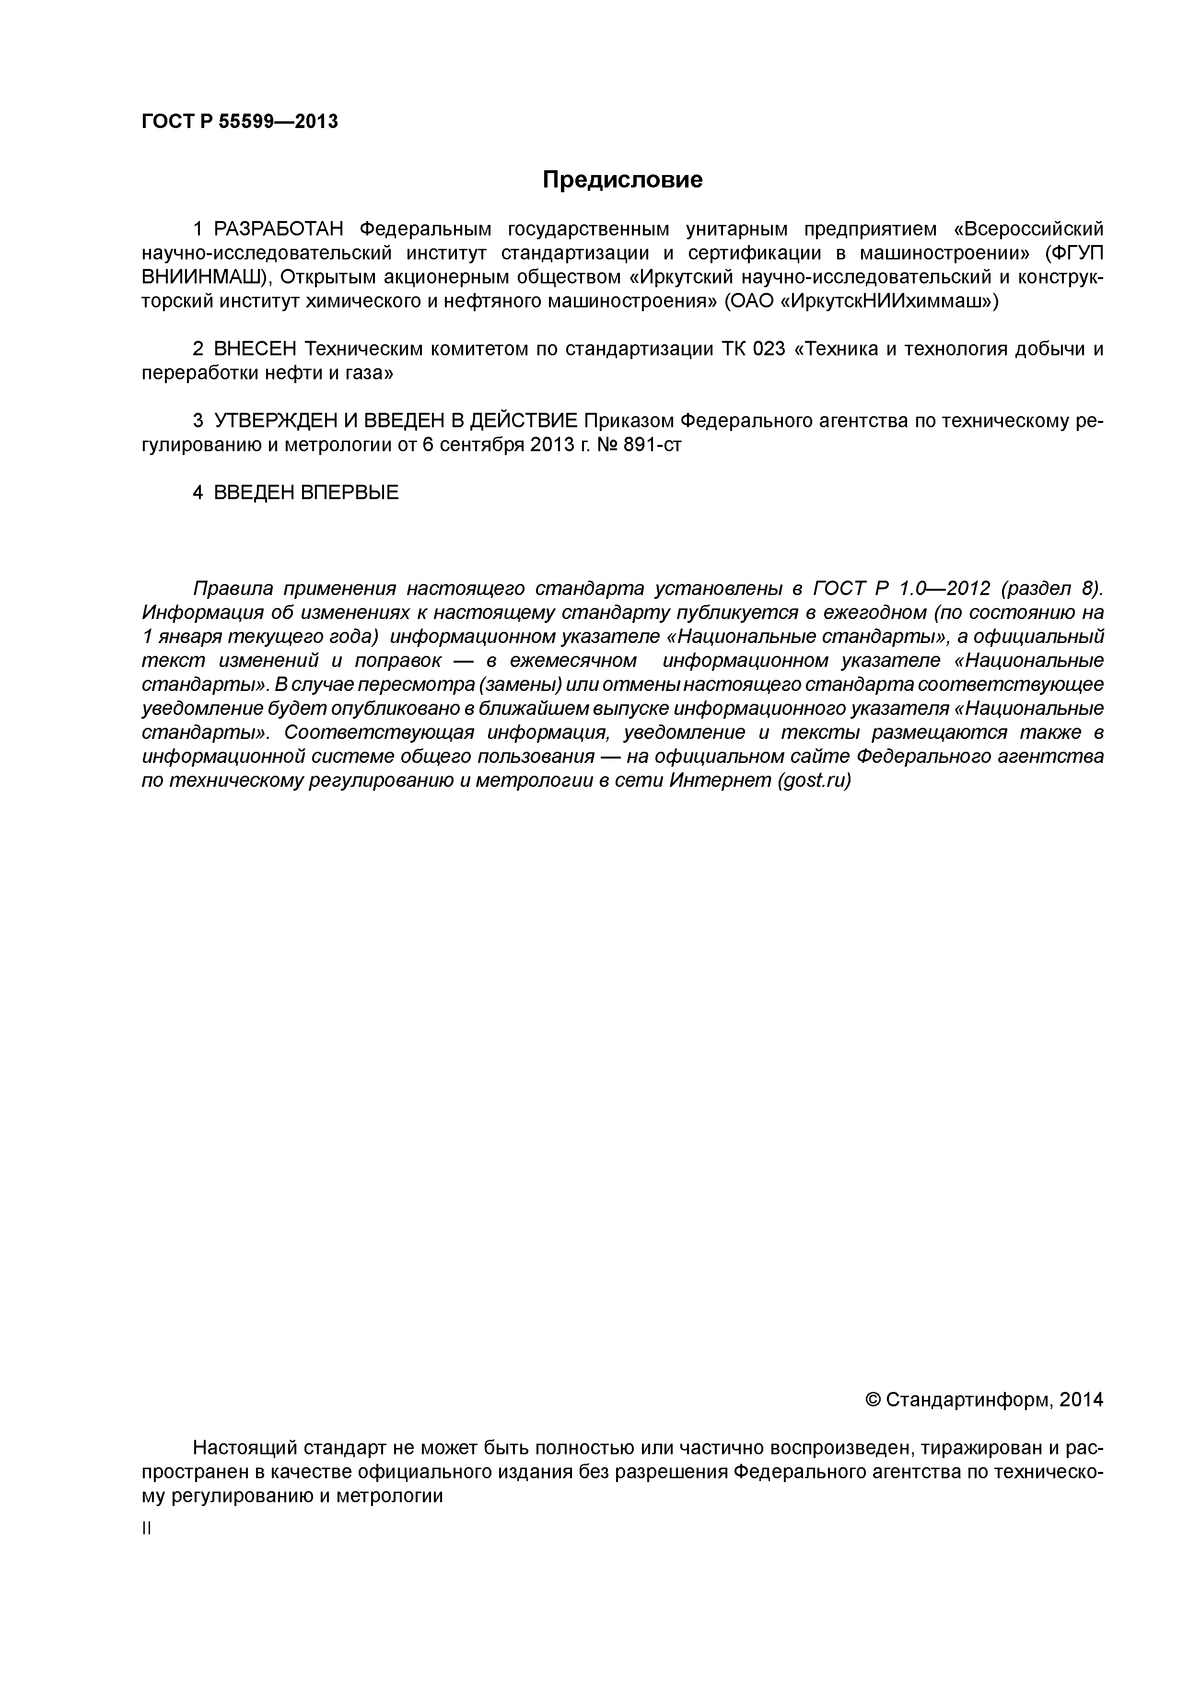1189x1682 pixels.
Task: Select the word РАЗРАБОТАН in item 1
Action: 279,230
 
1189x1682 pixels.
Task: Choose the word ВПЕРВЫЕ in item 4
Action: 350,493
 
